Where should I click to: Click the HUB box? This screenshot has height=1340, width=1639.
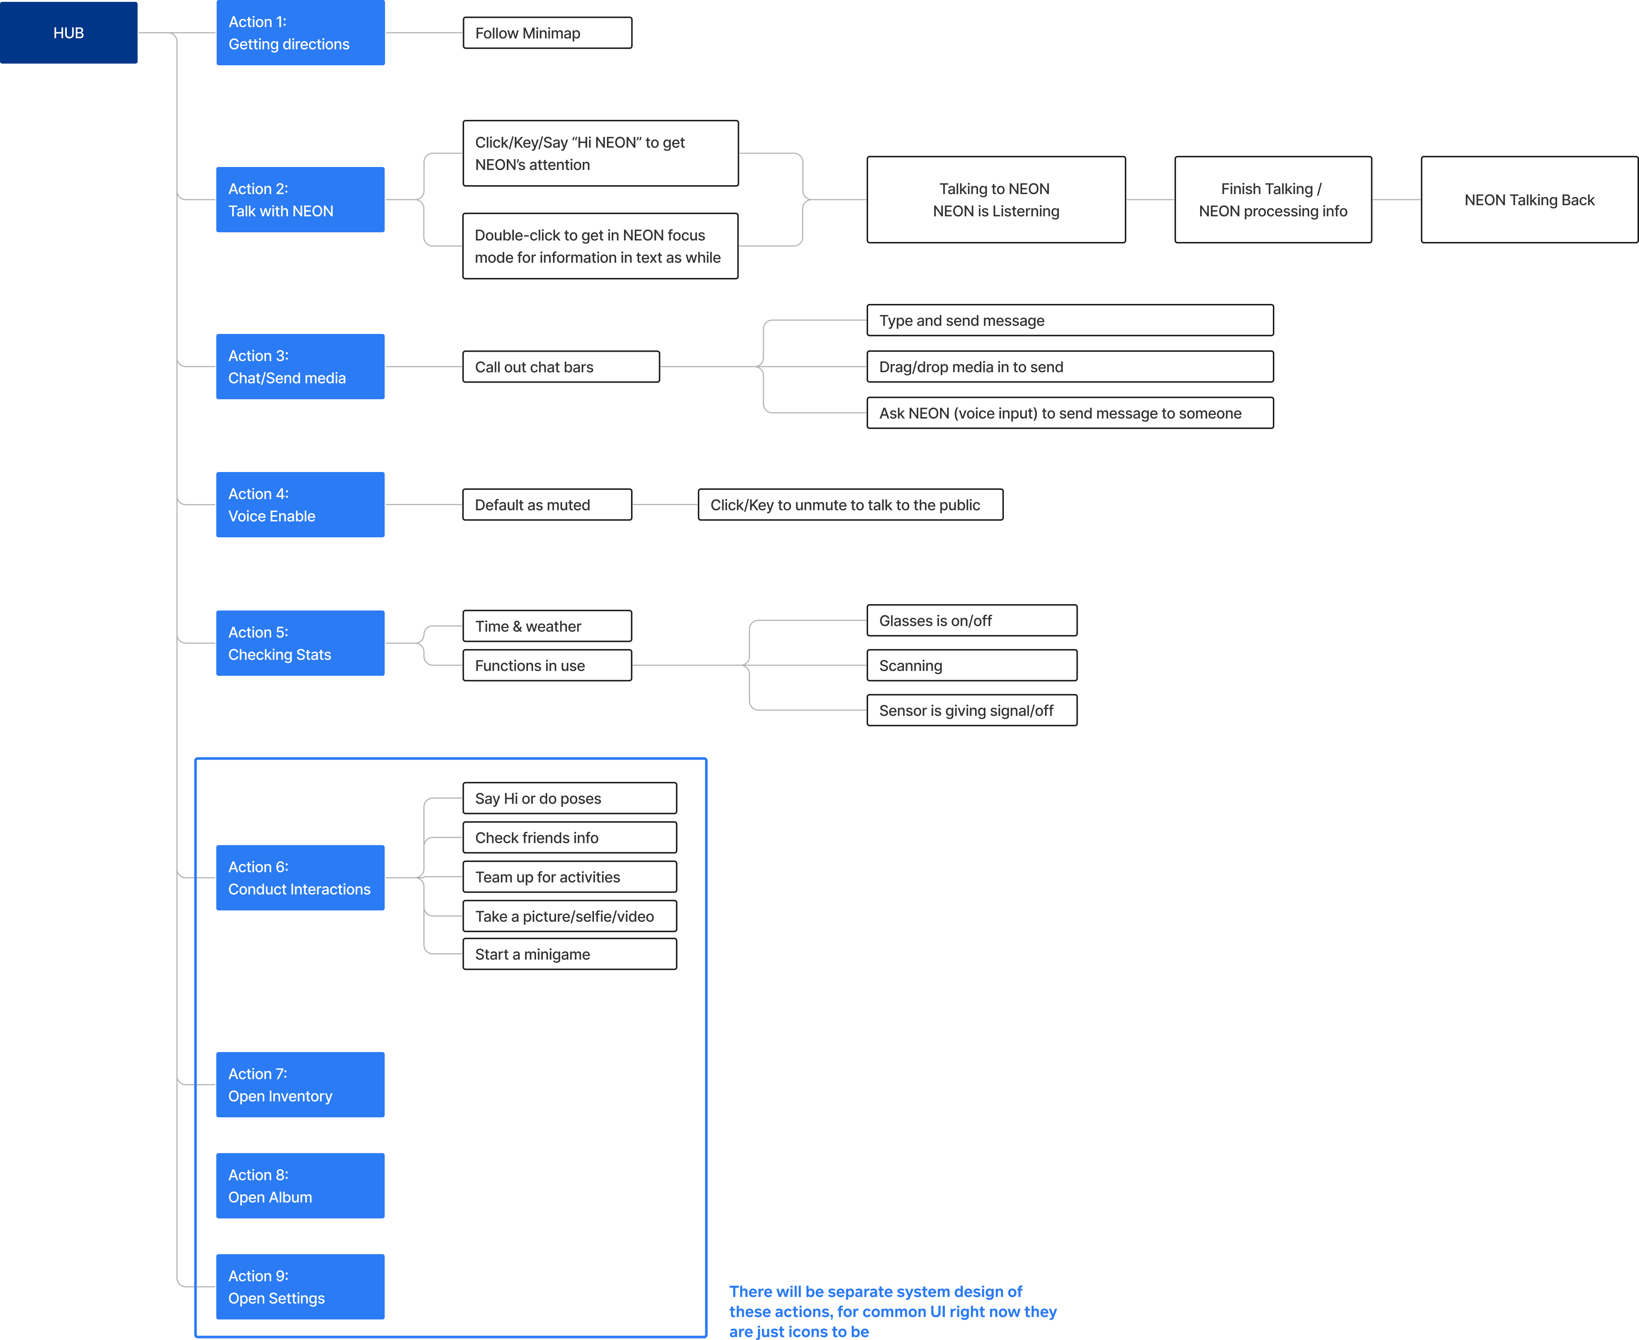coord(69,32)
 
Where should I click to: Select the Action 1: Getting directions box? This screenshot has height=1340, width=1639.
coord(300,32)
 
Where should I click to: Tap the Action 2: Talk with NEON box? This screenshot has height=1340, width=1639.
coord(300,199)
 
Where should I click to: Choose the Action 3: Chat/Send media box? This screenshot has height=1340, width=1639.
coord(300,366)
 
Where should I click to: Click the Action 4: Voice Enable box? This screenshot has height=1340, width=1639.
coord(300,504)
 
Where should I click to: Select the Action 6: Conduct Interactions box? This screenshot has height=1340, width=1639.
coord(300,878)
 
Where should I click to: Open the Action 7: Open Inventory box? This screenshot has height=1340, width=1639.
coord(300,1084)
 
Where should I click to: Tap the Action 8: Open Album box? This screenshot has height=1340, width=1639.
coord(300,1186)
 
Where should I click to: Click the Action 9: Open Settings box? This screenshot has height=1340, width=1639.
coord(300,1287)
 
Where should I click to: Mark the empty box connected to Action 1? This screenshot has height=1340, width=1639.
coord(547,32)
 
